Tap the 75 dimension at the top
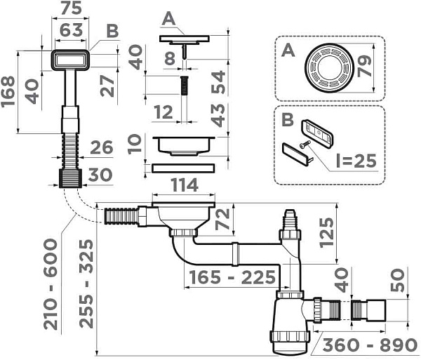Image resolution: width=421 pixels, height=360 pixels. tap(68, 9)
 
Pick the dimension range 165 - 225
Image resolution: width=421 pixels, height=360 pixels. tap(231, 276)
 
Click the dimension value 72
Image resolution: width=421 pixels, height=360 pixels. tap(223, 220)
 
